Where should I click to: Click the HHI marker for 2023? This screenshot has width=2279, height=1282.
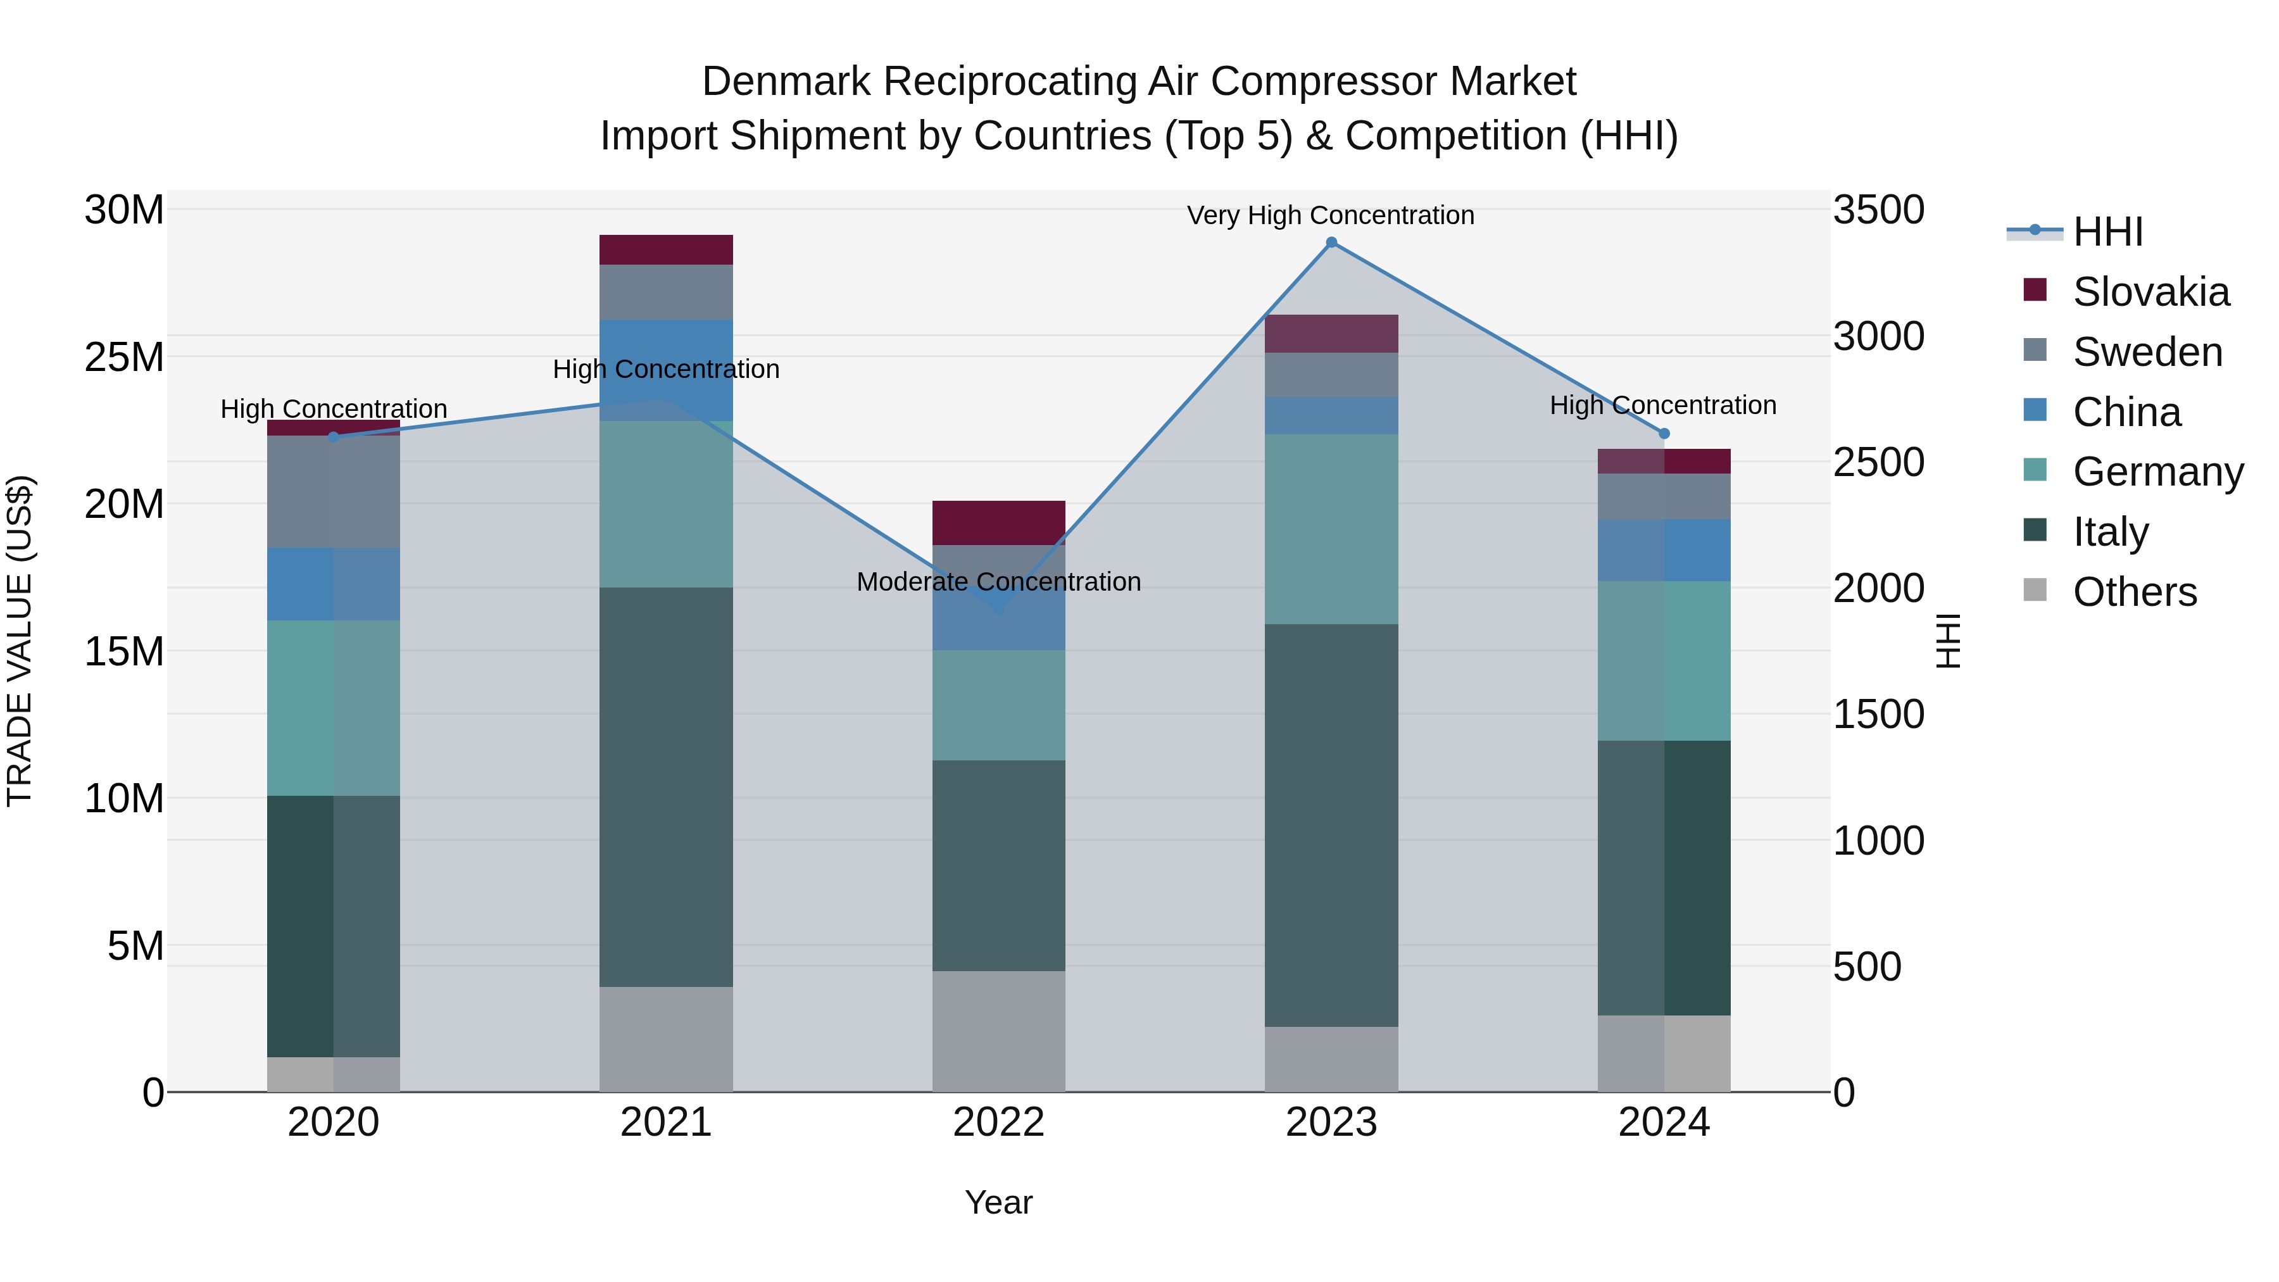point(1331,242)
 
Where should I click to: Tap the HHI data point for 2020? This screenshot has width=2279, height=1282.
point(334,437)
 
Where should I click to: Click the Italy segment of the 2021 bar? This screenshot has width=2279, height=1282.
point(665,786)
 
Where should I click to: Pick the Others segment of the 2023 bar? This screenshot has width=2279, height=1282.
point(1331,1059)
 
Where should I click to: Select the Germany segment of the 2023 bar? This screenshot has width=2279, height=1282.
point(1331,529)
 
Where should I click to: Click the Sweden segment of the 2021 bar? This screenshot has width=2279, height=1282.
point(665,292)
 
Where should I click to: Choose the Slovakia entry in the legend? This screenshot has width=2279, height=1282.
point(2150,292)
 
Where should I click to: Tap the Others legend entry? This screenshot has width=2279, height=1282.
point(2134,592)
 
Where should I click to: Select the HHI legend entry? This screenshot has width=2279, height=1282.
point(2107,232)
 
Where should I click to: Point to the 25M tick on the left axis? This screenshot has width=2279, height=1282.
point(124,358)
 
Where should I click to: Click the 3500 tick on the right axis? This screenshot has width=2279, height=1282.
point(1878,211)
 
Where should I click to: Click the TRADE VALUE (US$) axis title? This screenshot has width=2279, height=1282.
point(20,641)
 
